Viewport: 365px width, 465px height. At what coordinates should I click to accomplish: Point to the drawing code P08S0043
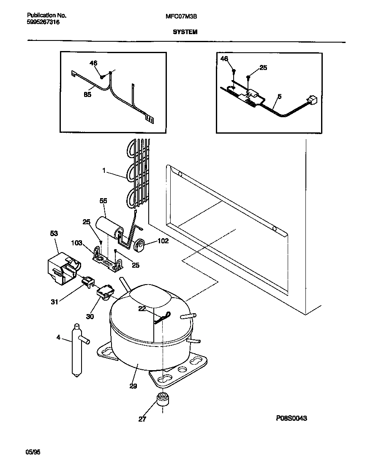click(x=291, y=418)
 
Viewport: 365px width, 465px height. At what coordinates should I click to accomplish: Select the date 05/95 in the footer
click(x=33, y=452)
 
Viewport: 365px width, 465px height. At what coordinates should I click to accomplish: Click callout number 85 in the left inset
click(x=87, y=94)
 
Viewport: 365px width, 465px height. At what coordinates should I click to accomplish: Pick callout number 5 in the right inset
click(x=279, y=97)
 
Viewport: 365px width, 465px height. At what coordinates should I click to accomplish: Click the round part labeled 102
click(x=139, y=244)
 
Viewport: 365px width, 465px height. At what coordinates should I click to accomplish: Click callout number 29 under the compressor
click(x=133, y=385)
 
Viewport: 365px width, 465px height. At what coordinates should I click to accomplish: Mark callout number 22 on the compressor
click(x=142, y=309)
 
